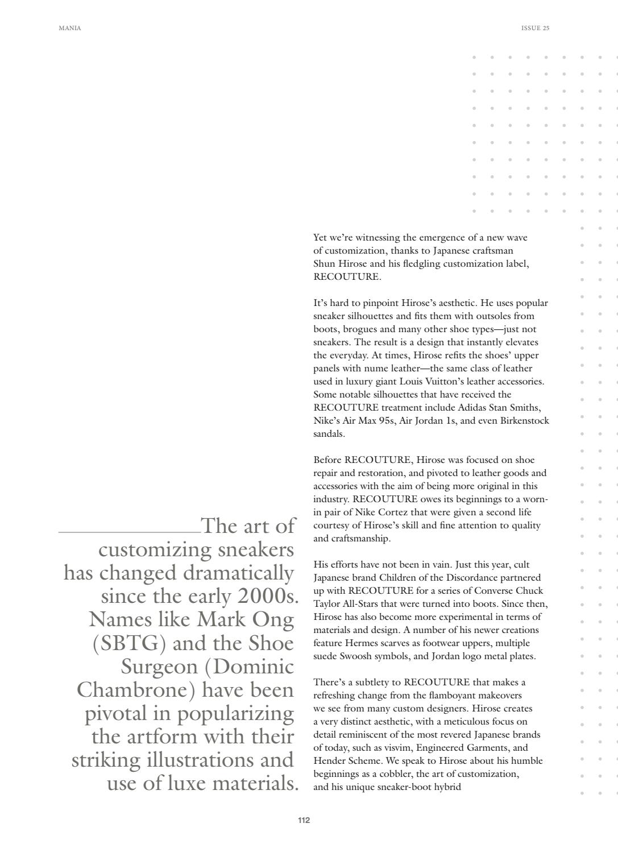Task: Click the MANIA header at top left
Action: coord(70,28)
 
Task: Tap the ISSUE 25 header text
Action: coord(535,28)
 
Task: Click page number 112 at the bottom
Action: coord(304,820)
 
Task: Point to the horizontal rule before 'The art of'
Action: coord(129,532)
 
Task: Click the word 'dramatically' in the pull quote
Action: coord(238,573)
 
